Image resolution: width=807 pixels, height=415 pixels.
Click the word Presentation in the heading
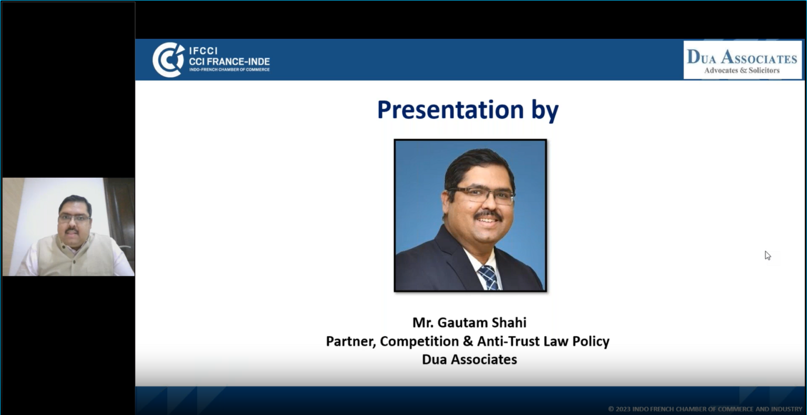(x=450, y=109)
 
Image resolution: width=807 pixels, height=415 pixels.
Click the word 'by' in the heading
(x=545, y=111)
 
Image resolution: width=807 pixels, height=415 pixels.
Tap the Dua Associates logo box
(x=742, y=60)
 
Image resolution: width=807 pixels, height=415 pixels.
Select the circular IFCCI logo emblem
(x=168, y=60)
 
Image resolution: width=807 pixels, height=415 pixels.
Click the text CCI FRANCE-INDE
(x=229, y=61)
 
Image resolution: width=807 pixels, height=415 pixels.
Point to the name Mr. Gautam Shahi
(x=469, y=323)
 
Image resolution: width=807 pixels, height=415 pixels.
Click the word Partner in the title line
(x=351, y=341)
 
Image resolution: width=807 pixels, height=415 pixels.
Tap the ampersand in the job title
(x=468, y=341)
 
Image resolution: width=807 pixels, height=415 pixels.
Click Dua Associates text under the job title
(x=469, y=359)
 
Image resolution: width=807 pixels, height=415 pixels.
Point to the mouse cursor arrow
(x=768, y=255)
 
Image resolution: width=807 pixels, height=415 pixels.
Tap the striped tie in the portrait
(x=489, y=278)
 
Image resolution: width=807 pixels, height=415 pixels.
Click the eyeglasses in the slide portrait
(x=481, y=195)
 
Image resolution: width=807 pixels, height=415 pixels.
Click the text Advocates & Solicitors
(x=742, y=70)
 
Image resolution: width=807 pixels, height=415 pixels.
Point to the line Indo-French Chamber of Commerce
(x=229, y=69)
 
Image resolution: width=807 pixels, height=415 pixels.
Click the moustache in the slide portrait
(x=488, y=215)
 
